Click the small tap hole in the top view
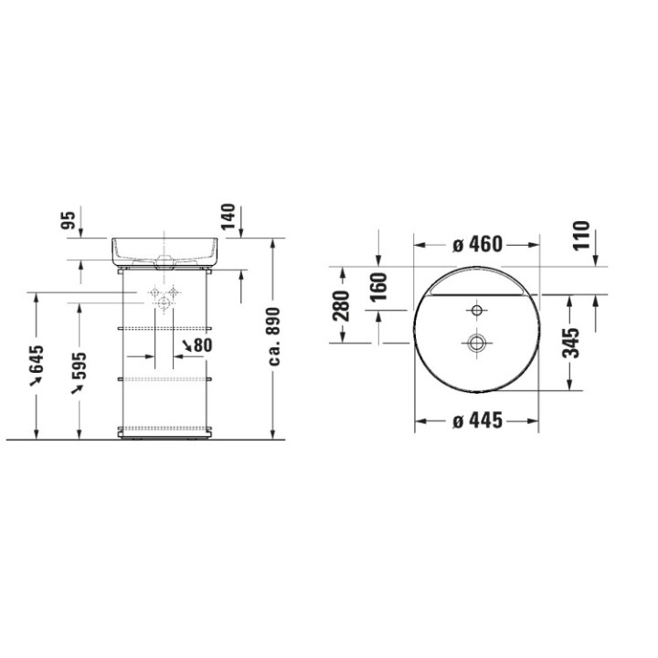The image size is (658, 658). click(x=476, y=309)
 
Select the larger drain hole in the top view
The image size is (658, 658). click(x=476, y=343)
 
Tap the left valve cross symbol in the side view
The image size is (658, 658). click(x=154, y=293)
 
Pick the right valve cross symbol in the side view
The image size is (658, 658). click(x=173, y=293)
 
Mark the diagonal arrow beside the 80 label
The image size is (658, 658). click(x=187, y=345)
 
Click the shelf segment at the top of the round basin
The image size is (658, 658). click(x=476, y=284)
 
